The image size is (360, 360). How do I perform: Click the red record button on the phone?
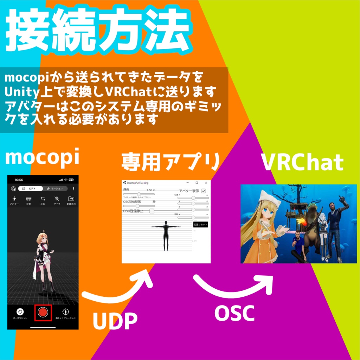coord(43,313)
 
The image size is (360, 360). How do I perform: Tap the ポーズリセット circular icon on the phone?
coord(20,311)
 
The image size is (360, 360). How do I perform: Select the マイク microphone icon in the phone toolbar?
coord(57,199)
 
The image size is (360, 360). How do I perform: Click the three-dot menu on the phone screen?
coord(73,188)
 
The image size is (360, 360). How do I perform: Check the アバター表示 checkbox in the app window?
coord(204,191)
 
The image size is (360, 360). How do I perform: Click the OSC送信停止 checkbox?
coord(152,211)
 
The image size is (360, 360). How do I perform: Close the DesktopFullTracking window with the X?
coord(206,183)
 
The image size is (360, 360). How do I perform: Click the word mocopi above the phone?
coord(42,158)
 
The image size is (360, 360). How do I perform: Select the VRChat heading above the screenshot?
coord(303,162)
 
